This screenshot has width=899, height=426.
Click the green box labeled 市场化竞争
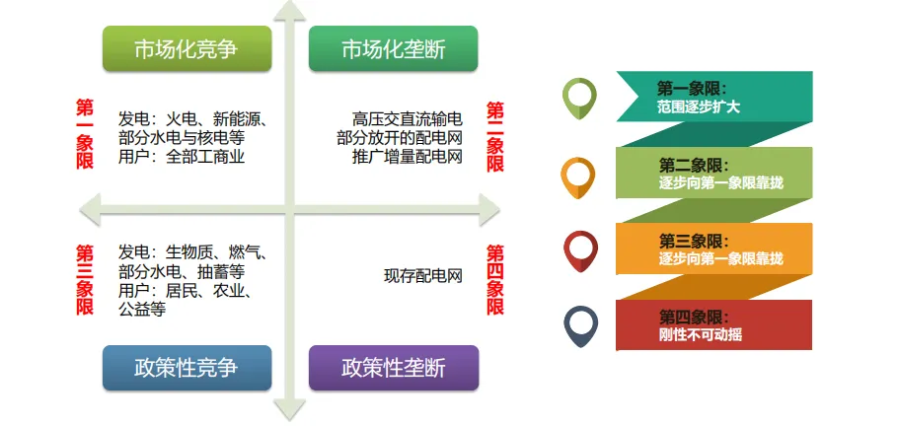(x=186, y=49)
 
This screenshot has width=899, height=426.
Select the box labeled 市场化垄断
(x=394, y=49)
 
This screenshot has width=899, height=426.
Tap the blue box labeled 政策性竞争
(x=186, y=369)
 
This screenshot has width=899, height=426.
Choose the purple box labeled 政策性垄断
(x=394, y=369)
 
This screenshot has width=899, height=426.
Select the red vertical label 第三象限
(x=85, y=280)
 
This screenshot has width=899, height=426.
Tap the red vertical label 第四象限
(x=494, y=280)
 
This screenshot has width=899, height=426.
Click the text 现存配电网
(x=423, y=275)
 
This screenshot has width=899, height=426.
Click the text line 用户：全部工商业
(x=182, y=156)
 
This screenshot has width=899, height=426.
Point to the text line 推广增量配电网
(x=407, y=156)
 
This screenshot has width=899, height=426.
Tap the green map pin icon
(x=579, y=96)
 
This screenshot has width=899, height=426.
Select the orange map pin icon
(x=578, y=176)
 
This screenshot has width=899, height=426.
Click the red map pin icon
(x=579, y=250)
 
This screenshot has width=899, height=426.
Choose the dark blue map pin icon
(x=579, y=326)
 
